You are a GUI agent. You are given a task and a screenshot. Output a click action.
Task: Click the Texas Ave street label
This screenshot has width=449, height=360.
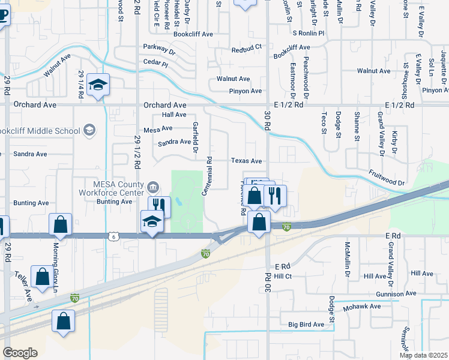247,161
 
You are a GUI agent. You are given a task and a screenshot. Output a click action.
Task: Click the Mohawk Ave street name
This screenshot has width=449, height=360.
363,307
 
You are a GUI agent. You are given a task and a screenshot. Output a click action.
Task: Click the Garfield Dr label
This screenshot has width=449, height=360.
194,137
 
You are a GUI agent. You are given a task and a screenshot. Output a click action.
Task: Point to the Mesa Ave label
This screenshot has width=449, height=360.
158,128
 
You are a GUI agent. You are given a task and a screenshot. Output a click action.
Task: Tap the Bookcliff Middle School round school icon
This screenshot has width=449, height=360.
89,130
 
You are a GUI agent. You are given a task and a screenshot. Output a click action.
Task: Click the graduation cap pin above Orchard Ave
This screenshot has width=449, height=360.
97,85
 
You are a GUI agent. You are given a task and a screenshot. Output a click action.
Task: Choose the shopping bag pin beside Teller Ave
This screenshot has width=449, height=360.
42,278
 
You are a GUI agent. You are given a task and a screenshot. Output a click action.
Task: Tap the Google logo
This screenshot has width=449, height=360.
20,353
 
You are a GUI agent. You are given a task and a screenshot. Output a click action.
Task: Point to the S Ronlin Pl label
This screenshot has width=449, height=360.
308,34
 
